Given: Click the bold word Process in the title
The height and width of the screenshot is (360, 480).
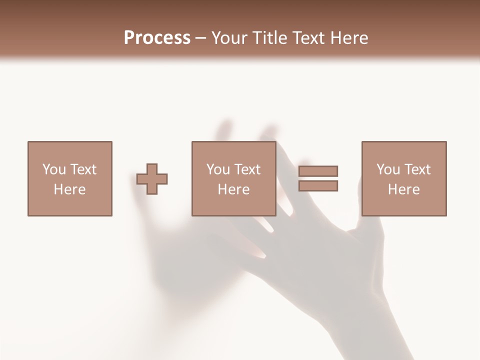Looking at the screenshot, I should pos(157,38).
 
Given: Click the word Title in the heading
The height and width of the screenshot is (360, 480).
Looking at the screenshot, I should pos(270,38).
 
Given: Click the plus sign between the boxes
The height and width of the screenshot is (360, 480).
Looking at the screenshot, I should pos(152,179).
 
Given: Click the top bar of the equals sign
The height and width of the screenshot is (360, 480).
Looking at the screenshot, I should pos(318,171).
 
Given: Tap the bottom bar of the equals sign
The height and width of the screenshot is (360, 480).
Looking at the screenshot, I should pos(318,186).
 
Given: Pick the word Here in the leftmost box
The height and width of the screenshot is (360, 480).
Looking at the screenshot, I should pos(69,189).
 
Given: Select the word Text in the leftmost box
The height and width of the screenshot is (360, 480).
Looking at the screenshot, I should pos(83,169).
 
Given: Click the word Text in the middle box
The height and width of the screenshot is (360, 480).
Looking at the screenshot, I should pos(247,169).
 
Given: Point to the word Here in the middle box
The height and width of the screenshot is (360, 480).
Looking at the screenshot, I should pos(233,189).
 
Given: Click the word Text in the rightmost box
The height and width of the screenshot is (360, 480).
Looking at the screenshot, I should pos(417,169).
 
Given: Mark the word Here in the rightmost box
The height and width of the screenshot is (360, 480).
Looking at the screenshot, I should pos(403,189).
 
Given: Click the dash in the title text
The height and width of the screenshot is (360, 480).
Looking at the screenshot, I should pos(201,38).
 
